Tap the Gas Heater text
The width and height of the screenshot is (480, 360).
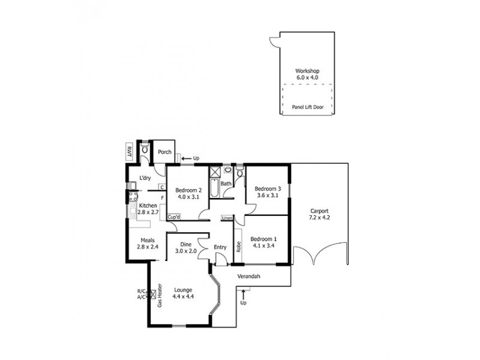160,295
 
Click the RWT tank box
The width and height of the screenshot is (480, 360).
129,151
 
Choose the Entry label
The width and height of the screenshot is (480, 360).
220,247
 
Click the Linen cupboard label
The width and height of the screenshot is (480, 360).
227,217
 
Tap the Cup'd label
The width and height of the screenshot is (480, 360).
174,217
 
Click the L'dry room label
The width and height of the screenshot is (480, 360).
145,178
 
